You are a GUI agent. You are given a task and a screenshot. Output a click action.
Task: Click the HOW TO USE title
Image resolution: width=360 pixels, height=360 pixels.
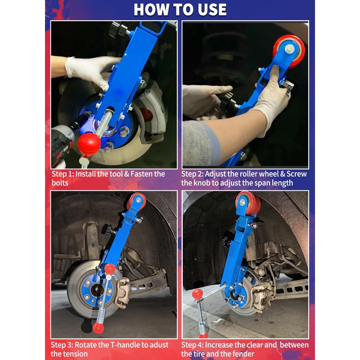pos(180,9)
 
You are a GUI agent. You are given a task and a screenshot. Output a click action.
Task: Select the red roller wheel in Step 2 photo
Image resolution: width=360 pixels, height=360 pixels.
pos(289,51)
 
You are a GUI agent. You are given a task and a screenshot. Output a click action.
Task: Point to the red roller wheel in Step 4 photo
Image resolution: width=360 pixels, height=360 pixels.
pos(248,203)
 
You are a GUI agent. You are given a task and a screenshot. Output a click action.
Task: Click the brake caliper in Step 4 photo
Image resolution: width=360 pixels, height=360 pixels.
pos(262,297)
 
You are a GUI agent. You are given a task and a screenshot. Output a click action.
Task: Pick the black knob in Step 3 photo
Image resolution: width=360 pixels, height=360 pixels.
pos(108,229)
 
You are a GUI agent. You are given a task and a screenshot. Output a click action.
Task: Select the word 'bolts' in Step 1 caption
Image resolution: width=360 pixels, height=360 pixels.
pos(60,183)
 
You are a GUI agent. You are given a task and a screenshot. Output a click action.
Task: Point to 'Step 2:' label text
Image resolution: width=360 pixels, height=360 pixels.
pos(192,174)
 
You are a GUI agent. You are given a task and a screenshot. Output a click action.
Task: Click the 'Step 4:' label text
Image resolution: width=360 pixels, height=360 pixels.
pos(192,345)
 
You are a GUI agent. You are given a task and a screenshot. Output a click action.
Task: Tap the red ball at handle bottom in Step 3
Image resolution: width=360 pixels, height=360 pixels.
pos(98,328)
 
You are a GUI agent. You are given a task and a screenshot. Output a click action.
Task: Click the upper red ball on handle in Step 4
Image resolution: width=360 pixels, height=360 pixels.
pos(198,294)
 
